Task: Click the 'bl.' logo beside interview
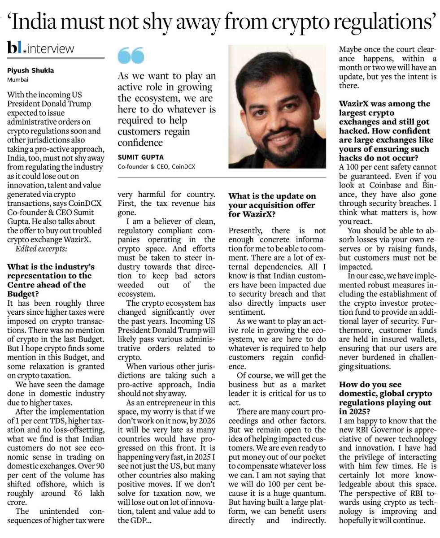coord(17,47)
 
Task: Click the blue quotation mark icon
coord(131,56)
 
